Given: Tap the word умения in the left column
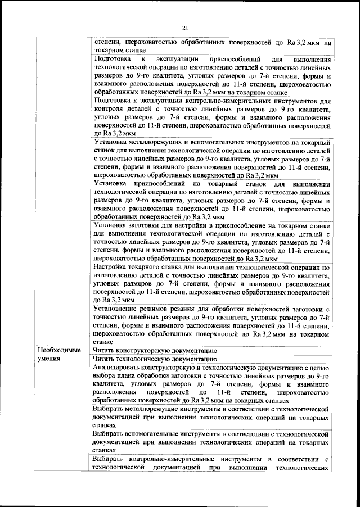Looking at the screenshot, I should (x=49, y=358).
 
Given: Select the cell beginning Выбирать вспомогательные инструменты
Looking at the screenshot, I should (x=211, y=442).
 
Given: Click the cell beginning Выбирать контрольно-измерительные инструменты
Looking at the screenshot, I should (x=211, y=464).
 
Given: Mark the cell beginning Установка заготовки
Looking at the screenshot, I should (x=211, y=242).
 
